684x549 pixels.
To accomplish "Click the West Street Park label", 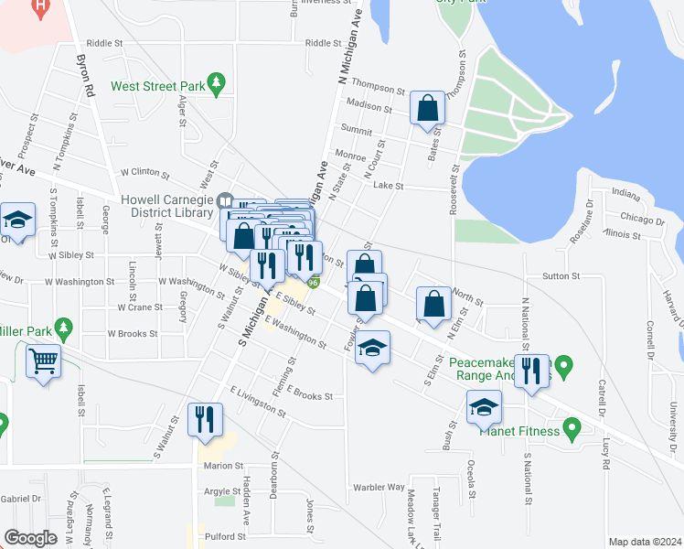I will tap(156, 87).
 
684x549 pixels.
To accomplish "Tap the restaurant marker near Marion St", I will tap(205, 419).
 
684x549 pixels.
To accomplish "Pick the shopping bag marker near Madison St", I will tap(427, 108).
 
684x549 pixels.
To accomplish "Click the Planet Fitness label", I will tap(520, 430).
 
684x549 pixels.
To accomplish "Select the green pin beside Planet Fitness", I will tap(572, 428).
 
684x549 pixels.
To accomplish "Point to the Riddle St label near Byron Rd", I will tap(104, 43).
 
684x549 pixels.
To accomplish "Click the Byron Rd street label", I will tap(87, 79).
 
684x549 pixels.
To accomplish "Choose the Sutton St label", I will tap(561, 275).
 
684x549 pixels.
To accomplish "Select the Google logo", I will tap(31, 538).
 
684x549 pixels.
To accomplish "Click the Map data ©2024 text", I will tap(644, 542).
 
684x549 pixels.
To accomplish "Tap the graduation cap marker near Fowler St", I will tap(372, 348).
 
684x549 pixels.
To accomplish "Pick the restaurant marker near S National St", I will tap(531, 371).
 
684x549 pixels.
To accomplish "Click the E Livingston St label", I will tap(258, 399).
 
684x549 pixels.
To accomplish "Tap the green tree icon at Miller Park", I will tap(63, 327).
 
